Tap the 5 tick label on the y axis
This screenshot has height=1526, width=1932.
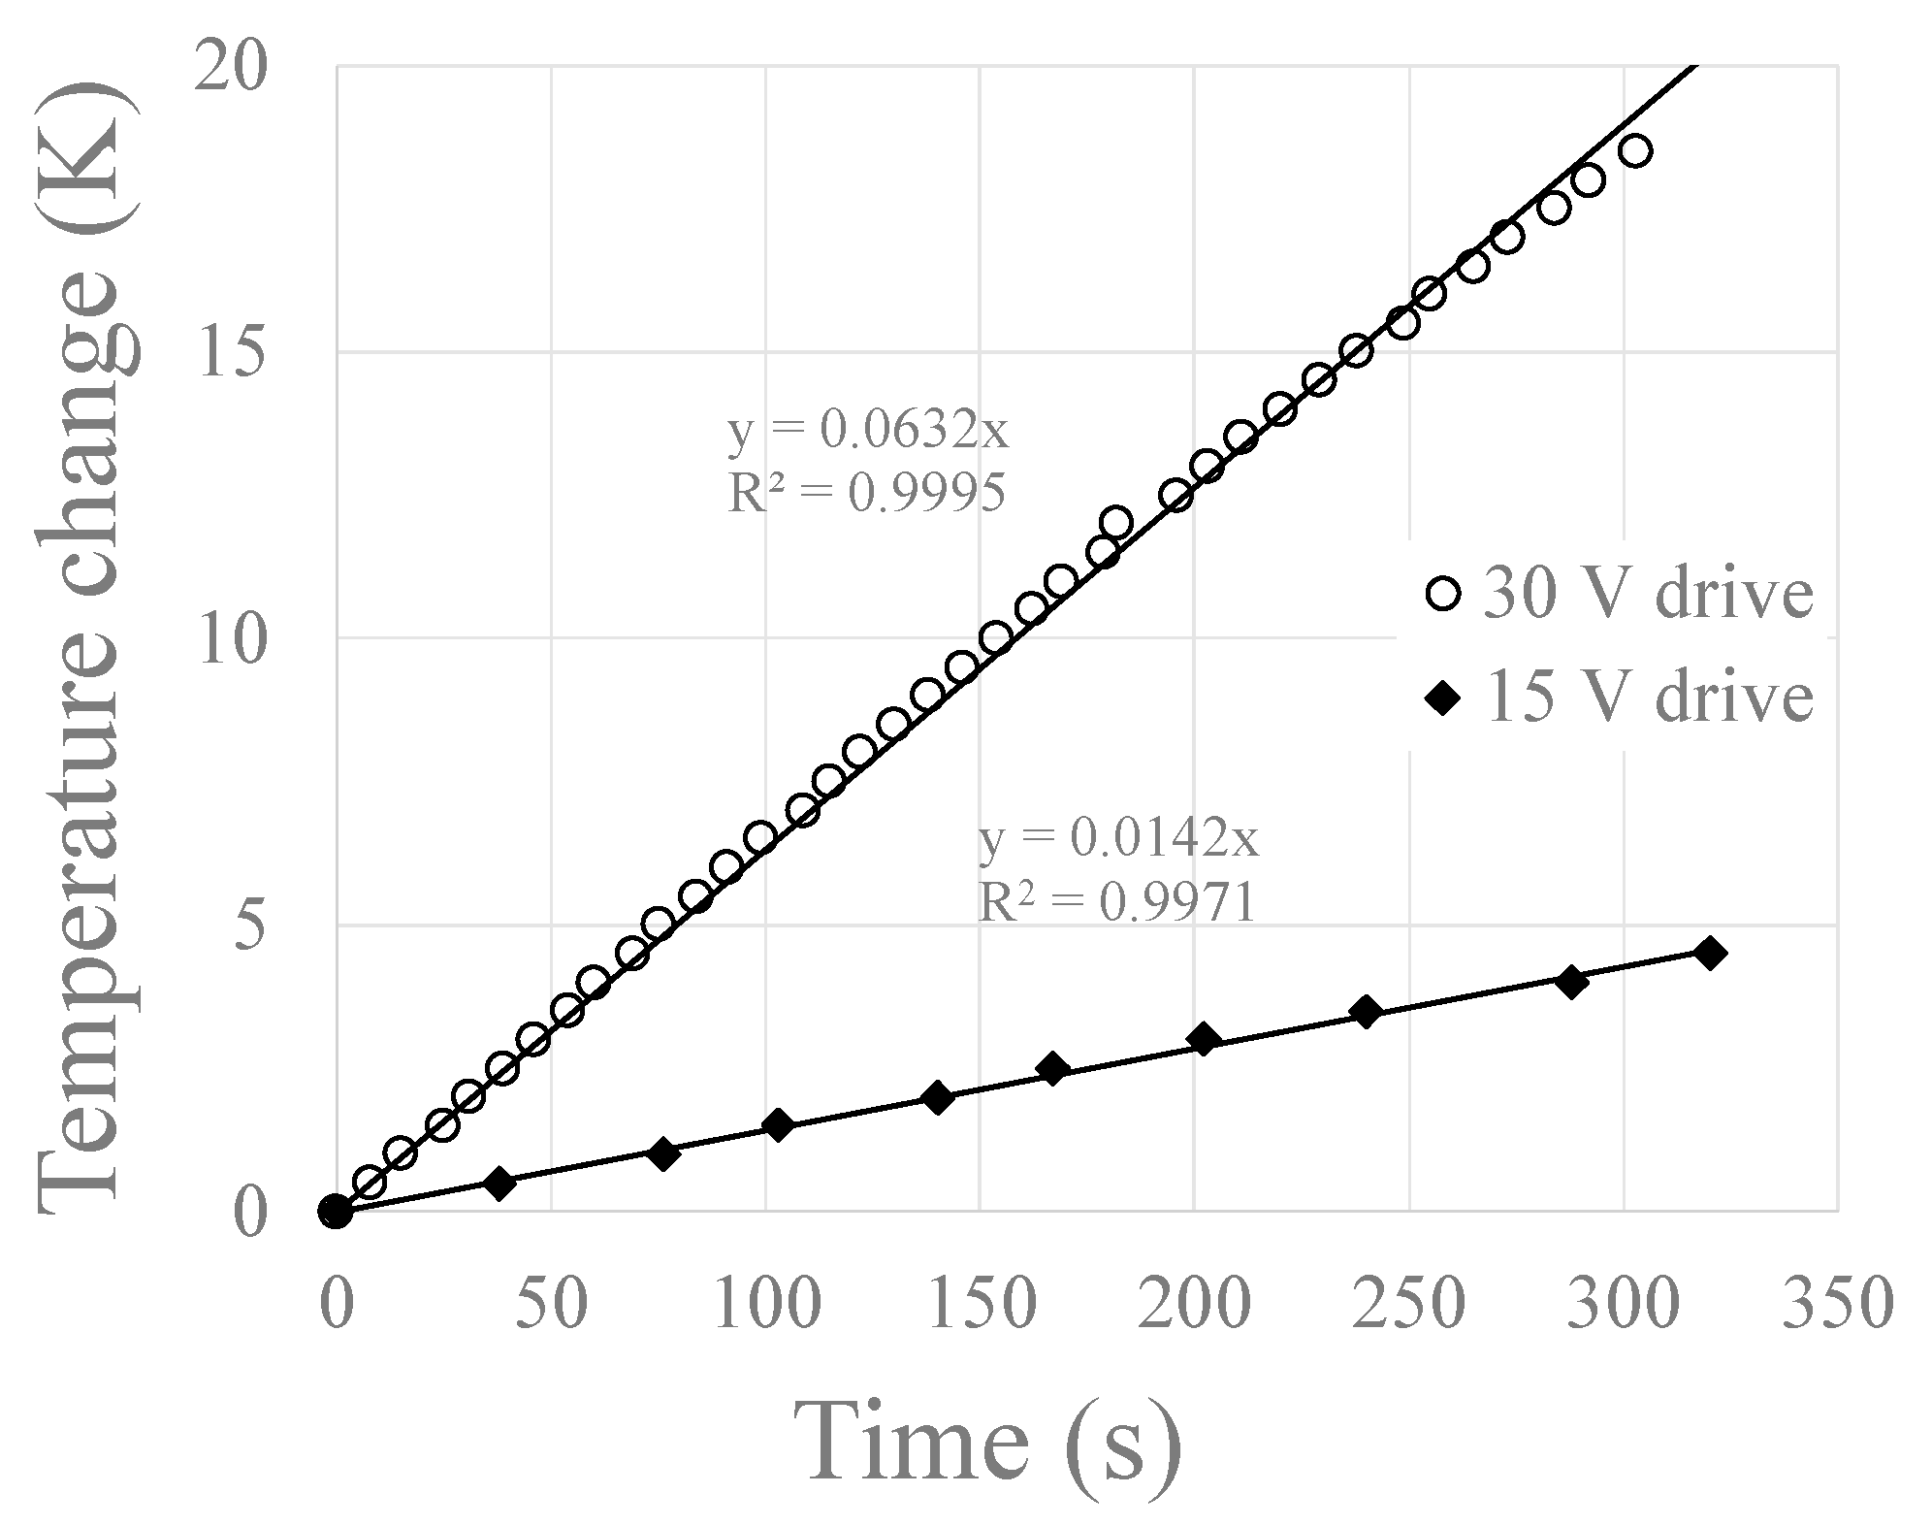(249, 927)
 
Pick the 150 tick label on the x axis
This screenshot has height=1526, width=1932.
(980, 1303)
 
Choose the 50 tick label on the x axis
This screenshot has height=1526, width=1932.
(551, 1303)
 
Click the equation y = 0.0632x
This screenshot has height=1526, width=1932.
(868, 431)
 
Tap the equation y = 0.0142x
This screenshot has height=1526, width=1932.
(1118, 839)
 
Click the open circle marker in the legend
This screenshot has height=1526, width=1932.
(1444, 593)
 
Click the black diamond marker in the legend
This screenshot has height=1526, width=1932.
(1444, 697)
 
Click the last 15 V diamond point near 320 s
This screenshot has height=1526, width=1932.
(1710, 953)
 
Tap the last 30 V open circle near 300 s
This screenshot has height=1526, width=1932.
(1635, 151)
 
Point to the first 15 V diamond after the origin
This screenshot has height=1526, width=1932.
(499, 1183)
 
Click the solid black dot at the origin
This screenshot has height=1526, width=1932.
(335, 1211)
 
